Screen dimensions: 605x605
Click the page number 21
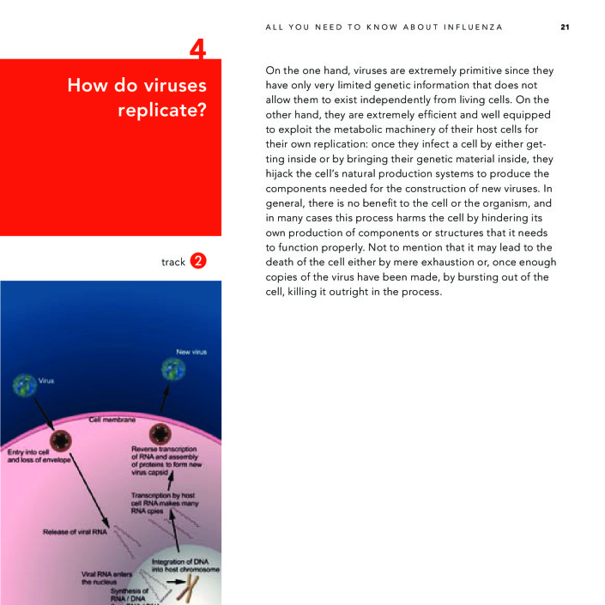tap(565, 27)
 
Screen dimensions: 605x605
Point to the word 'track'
tap(172, 262)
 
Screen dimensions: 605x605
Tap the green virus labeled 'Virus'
tap(24, 385)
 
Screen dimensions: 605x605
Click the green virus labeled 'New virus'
tap(173, 369)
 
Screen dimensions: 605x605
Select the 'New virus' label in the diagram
tap(191, 352)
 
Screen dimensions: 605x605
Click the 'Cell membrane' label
tap(112, 420)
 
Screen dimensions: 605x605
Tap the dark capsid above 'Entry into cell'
tap(60, 440)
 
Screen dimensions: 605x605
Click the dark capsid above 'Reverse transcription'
tap(160, 434)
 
